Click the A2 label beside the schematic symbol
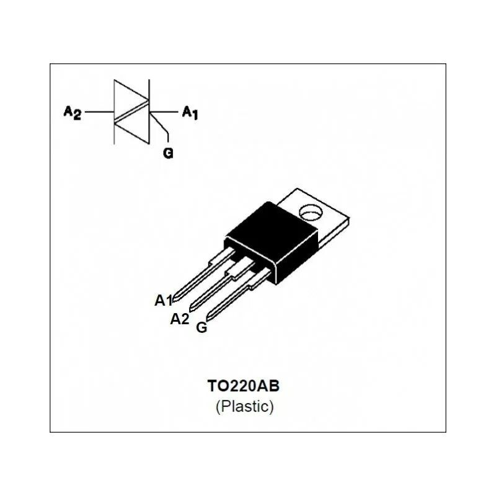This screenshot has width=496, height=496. (72, 112)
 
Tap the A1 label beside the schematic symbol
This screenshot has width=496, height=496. (189, 112)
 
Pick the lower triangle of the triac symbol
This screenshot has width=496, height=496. (131, 128)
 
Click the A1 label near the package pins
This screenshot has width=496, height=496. (163, 301)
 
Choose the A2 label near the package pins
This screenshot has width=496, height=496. (179, 319)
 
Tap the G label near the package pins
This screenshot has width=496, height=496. (201, 327)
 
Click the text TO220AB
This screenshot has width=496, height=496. (244, 386)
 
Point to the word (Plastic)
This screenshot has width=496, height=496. (244, 407)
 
